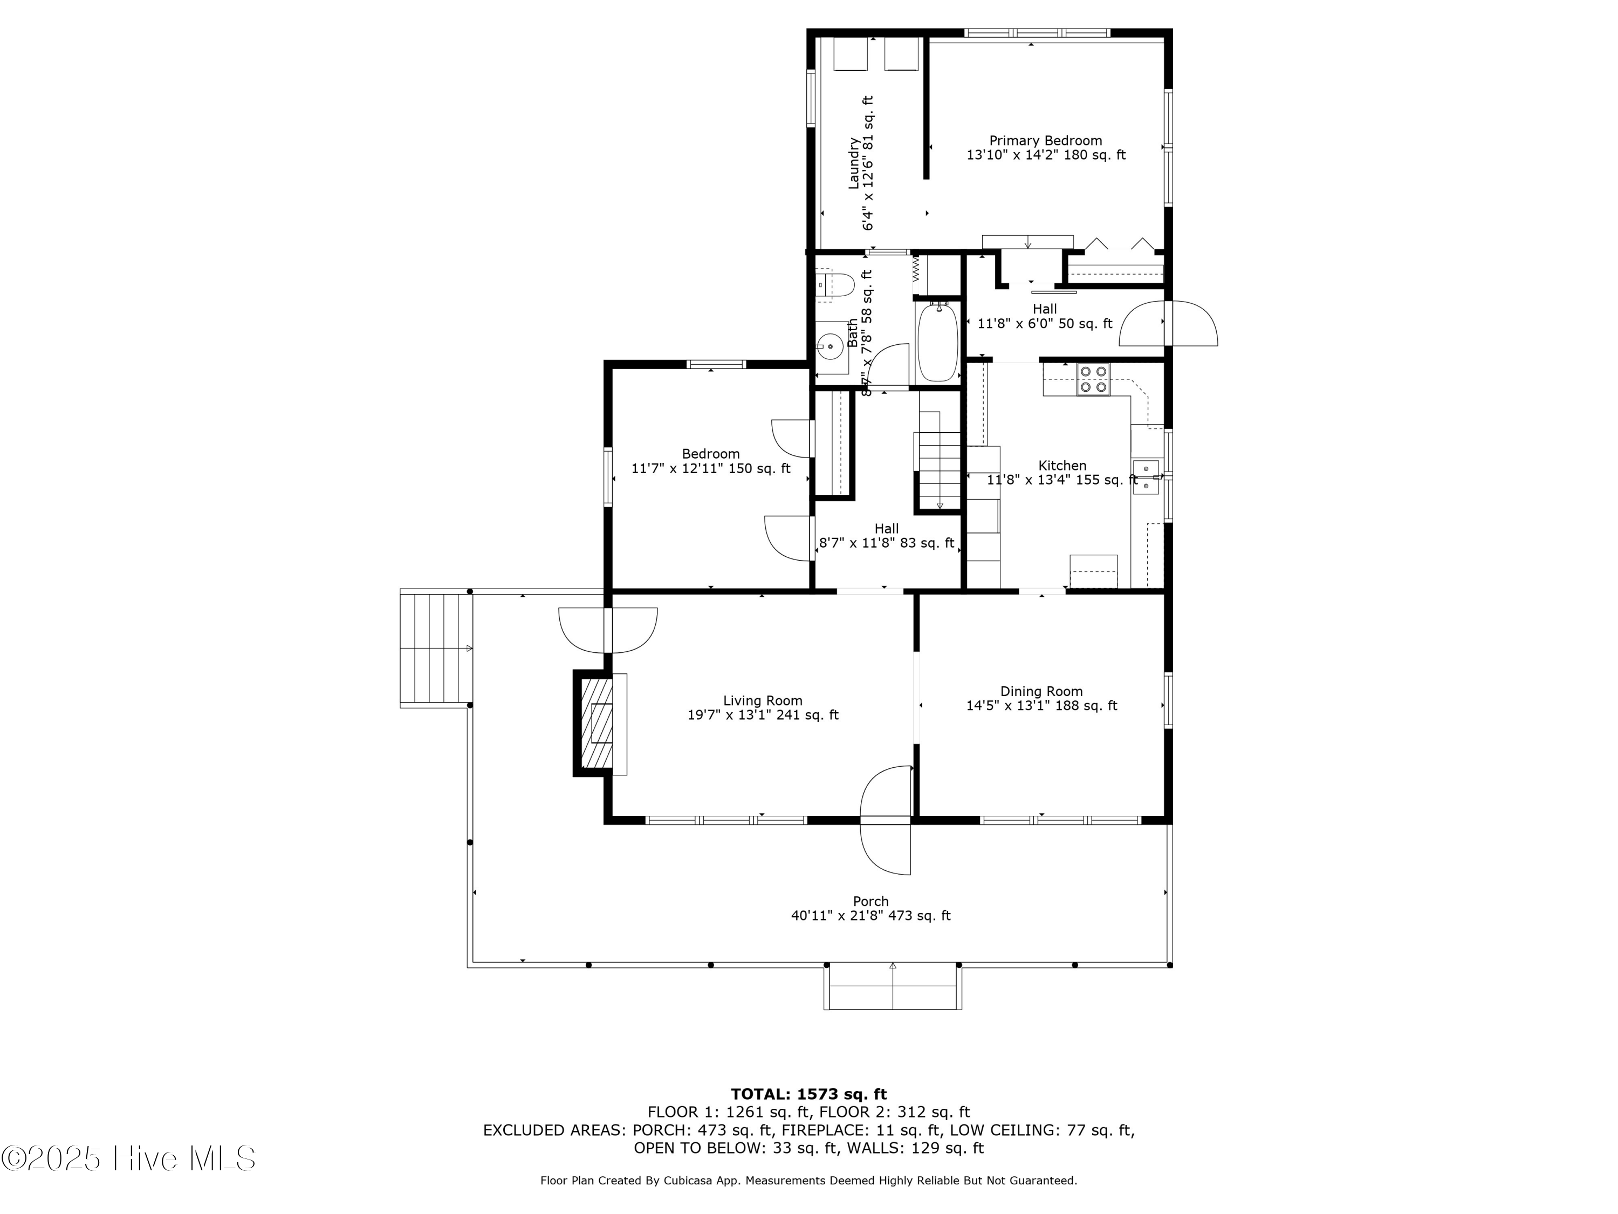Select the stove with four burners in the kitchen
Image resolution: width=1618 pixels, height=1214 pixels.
[1093, 379]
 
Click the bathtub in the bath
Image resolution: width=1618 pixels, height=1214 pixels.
[937, 342]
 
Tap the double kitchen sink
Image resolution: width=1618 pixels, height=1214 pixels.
[1146, 476]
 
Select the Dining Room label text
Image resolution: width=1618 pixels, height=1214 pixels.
[1041, 692]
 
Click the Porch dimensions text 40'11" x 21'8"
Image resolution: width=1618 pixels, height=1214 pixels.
[870, 916]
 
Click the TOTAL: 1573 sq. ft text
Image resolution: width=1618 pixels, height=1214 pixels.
[808, 1094]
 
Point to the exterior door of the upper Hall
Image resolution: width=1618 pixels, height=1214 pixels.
[1169, 323]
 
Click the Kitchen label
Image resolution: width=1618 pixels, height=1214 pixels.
[1062, 466]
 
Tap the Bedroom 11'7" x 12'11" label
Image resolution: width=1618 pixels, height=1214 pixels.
[710, 461]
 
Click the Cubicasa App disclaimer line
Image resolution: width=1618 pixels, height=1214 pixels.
[808, 1181]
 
